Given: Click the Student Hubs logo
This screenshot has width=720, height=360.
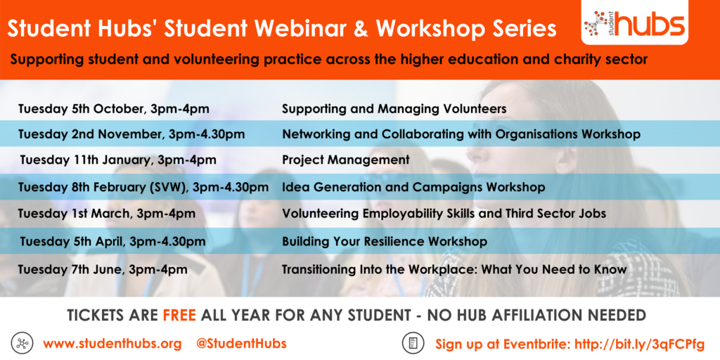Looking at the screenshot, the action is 635,22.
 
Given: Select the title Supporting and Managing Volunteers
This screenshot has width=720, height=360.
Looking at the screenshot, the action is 394,109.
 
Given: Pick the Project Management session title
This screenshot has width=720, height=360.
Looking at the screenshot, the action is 345,160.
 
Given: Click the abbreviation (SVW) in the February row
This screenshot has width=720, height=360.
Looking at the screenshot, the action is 169,187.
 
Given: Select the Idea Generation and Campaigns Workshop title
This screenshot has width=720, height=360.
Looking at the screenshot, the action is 413,187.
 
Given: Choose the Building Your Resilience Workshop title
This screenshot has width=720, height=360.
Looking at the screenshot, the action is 385,241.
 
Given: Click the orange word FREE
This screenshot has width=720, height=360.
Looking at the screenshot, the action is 179,315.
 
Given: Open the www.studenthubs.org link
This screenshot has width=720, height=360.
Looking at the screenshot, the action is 112,343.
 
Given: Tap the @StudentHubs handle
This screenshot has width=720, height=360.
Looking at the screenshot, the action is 241,343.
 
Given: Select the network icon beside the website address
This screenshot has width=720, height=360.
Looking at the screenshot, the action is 20,343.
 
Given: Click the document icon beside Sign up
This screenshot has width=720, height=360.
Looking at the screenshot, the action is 412,343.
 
